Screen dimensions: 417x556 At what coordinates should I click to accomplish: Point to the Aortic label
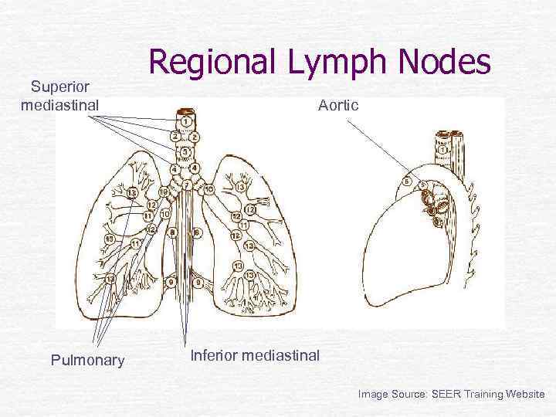tap(338, 105)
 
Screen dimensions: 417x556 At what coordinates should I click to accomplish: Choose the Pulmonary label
tap(87, 360)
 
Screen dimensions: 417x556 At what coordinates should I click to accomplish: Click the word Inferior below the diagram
tap(214, 355)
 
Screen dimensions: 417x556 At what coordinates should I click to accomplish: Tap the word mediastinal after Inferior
tap(280, 355)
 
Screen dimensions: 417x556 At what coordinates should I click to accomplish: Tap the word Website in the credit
tap(525, 394)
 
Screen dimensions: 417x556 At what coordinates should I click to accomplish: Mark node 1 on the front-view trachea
tap(186, 123)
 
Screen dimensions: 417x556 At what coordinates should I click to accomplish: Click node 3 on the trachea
tap(185, 151)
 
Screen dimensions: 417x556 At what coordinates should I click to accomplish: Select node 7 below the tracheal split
tap(186, 185)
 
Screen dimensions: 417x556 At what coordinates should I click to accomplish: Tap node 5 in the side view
tap(407, 182)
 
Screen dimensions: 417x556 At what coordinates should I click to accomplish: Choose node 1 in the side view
tap(442, 149)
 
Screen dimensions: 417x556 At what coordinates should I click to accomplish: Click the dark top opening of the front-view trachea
tap(186, 113)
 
